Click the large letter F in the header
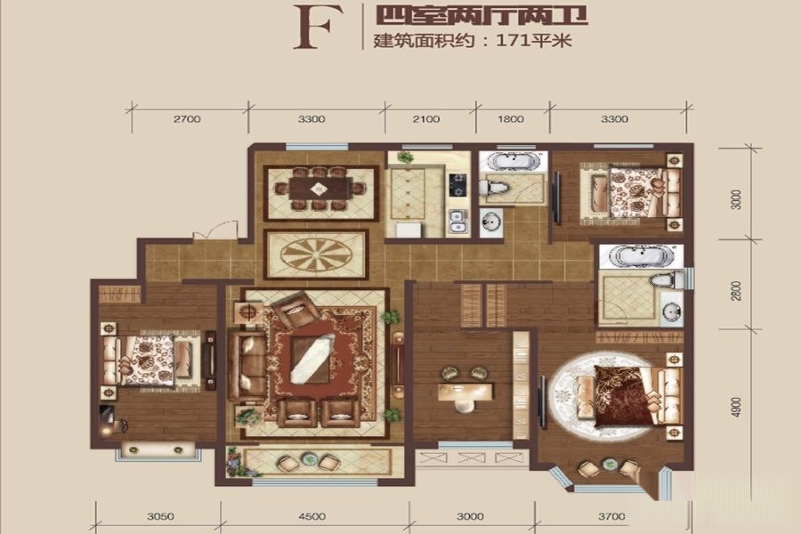(311, 28)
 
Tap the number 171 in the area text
(513, 40)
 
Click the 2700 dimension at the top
(187, 119)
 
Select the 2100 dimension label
(426, 119)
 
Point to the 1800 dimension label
(511, 119)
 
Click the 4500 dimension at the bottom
(311, 516)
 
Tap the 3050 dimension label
(160, 516)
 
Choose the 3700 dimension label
(611, 516)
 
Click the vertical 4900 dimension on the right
(736, 407)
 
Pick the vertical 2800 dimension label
(736, 291)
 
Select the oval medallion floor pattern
(317, 254)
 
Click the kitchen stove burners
(457, 185)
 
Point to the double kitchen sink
(457, 222)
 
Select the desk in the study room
(465, 391)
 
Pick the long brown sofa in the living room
(247, 365)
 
